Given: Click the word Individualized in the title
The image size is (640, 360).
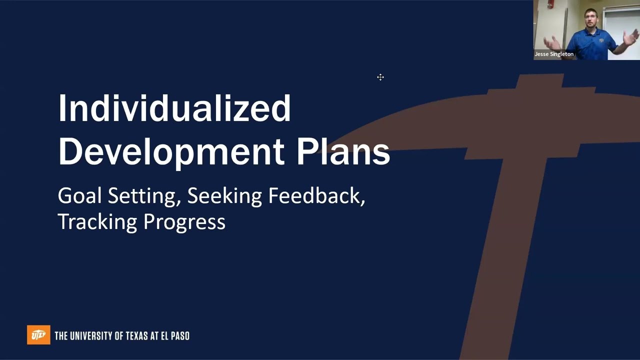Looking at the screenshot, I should coord(174,108).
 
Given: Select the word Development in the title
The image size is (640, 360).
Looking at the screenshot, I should coord(170,151).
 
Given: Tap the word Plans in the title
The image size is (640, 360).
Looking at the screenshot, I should coord(343,151).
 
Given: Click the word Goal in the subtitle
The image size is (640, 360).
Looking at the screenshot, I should coord(79,195).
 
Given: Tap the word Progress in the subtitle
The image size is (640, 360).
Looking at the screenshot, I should coord(184,221).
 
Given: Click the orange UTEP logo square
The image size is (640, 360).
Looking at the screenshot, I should coord(38,335).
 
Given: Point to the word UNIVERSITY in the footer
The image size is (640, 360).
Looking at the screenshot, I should coord(93,335).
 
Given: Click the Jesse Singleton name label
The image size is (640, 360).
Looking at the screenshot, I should coord(554,54).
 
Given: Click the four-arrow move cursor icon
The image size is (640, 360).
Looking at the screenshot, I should coord(380,77).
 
